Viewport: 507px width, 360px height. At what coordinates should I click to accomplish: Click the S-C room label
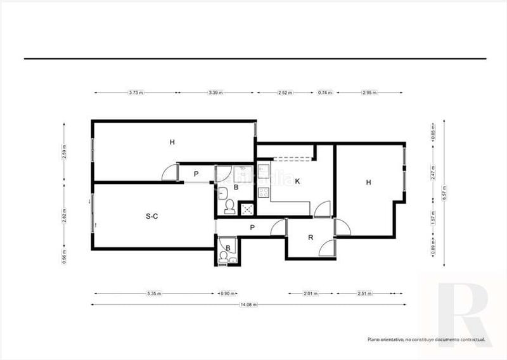[x=151, y=216]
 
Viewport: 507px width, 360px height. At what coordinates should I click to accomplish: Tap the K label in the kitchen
[x=297, y=182]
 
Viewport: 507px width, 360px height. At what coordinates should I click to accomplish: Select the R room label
[x=311, y=238]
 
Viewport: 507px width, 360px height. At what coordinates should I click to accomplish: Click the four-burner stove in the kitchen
[x=264, y=186]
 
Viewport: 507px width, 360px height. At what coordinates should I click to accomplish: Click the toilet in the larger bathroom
[x=229, y=207]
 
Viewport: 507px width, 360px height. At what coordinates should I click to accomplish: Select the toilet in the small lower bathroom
[x=222, y=257]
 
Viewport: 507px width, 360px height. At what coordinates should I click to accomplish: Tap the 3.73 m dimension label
[x=136, y=93]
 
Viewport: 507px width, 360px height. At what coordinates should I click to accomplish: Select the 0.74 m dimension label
[x=325, y=93]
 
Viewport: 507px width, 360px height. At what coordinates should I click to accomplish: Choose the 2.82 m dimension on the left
[x=64, y=217]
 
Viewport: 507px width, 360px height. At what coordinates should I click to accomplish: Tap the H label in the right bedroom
[x=368, y=183]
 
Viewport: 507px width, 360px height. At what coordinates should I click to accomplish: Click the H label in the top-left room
[x=172, y=142]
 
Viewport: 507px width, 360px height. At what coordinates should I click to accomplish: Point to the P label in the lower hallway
[x=252, y=227]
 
